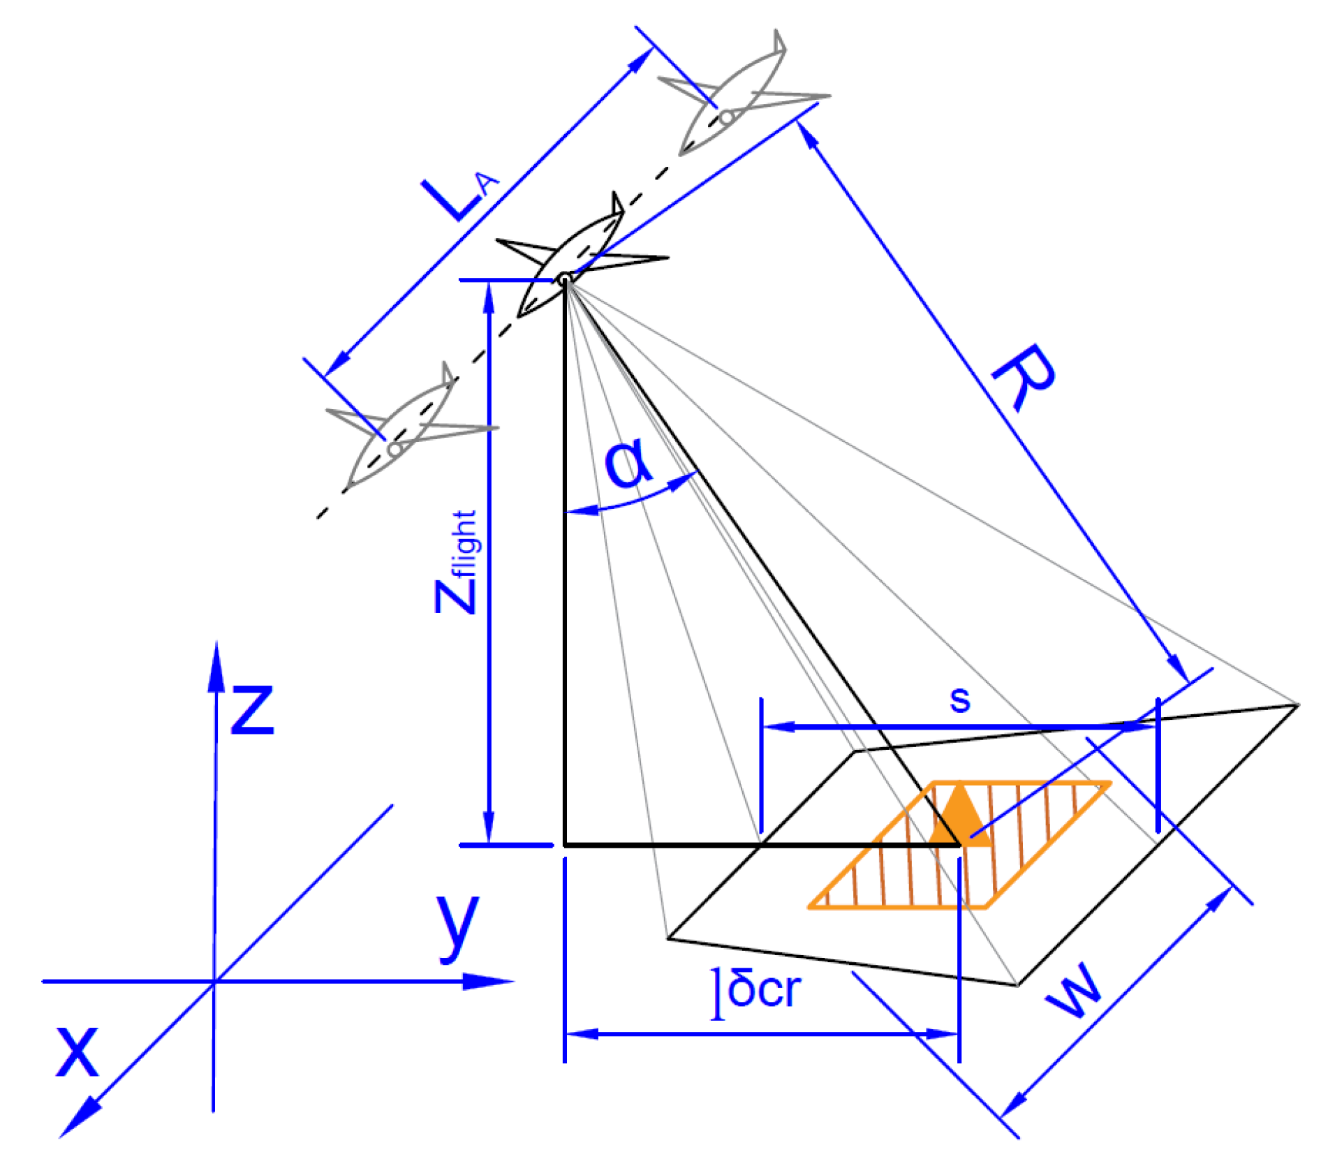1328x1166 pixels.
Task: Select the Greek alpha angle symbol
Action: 628,464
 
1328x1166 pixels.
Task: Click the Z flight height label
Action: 457,562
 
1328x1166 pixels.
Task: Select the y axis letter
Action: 458,925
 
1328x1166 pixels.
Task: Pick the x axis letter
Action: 77,1051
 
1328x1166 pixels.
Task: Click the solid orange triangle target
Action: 959,817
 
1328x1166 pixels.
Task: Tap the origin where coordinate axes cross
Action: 214,982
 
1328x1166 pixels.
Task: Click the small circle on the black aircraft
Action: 564,280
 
